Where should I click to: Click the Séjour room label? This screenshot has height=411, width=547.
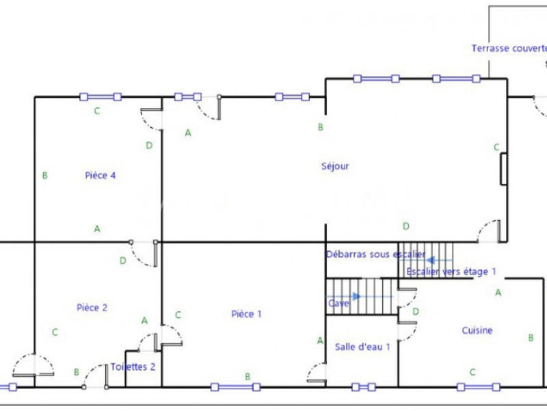click(x=335, y=166)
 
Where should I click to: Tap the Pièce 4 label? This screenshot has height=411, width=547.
click(x=100, y=175)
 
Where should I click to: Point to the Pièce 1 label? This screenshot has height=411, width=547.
click(x=246, y=315)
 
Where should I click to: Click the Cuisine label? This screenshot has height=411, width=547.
click(x=477, y=330)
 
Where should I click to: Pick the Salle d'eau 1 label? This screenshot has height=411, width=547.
click(x=362, y=347)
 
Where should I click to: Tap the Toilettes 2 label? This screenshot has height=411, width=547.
click(x=133, y=367)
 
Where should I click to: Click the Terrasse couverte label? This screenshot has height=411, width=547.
click(x=509, y=49)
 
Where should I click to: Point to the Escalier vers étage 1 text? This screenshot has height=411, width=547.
click(x=451, y=271)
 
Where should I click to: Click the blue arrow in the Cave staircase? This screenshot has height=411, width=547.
click(x=355, y=296)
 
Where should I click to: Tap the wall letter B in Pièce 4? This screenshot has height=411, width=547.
click(x=44, y=176)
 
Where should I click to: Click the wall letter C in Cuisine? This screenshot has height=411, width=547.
click(x=472, y=372)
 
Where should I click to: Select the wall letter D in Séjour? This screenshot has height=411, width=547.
click(x=405, y=226)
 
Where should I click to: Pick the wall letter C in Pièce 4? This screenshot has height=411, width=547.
click(x=97, y=111)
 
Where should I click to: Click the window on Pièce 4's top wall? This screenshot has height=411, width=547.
click(x=101, y=96)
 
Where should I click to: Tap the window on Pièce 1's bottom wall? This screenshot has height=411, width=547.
click(x=236, y=387)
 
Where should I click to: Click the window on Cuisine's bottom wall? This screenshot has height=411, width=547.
click(x=479, y=387)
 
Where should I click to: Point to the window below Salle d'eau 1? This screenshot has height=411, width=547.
click(x=364, y=387)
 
